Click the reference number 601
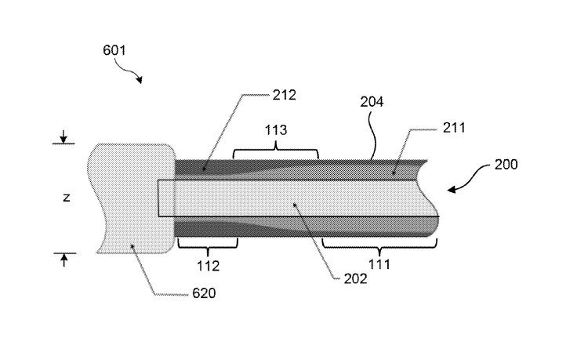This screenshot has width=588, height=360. [x=114, y=49]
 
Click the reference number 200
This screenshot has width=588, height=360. [x=506, y=165]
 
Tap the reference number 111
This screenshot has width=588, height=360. [x=379, y=266]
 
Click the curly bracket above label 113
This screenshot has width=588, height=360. [x=275, y=149]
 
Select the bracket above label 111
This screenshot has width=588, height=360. [x=379, y=246]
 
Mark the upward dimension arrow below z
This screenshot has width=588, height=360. [x=64, y=258]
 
